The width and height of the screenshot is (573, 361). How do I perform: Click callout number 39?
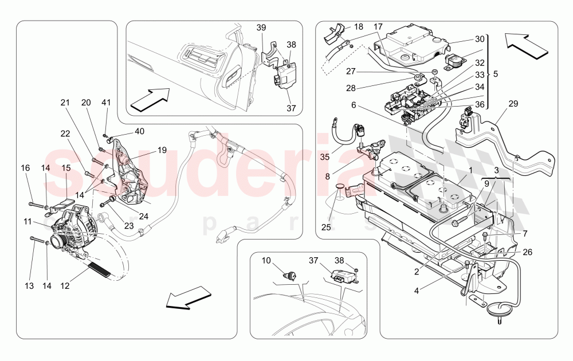pyautogui.click(x=261, y=28)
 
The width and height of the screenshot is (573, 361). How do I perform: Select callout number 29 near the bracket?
pyautogui.click(x=513, y=103)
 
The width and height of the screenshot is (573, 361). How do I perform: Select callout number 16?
pyautogui.click(x=25, y=168)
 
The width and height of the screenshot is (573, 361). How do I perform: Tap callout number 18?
pyautogui.click(x=358, y=27)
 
